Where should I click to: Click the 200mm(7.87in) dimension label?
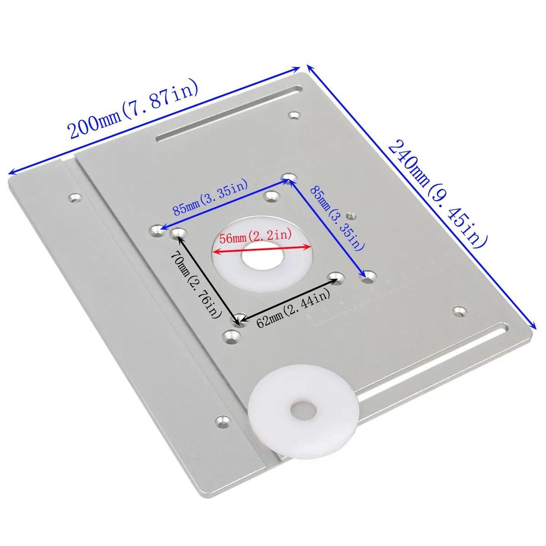(133, 110)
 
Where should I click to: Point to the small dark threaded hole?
(350, 215)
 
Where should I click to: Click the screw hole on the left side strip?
(75, 198)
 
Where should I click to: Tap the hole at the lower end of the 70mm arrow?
(239, 318)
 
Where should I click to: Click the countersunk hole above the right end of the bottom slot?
(460, 311)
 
